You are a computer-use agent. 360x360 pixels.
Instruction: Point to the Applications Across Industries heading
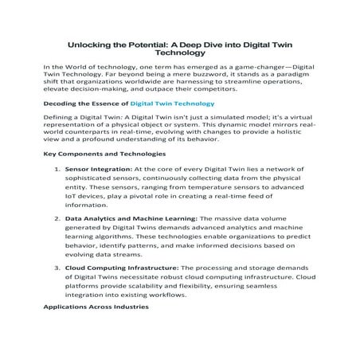[94, 307]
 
